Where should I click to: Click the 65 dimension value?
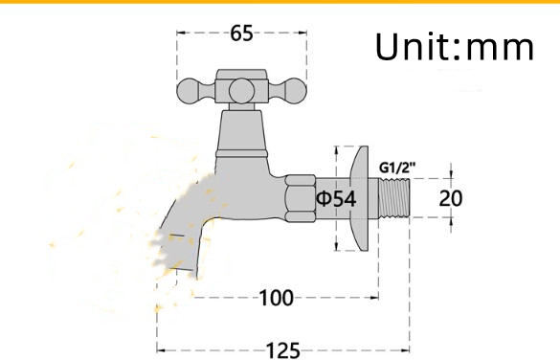[x=241, y=34]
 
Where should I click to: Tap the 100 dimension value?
[x=276, y=298]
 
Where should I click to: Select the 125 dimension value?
[x=282, y=350]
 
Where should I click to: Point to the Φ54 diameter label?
[x=336, y=198]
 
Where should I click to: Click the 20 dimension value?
[x=450, y=198]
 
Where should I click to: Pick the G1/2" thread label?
[x=397, y=168]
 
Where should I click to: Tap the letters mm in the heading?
[x=500, y=49]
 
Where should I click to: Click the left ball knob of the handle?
[x=190, y=91]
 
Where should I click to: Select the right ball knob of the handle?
[x=294, y=91]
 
